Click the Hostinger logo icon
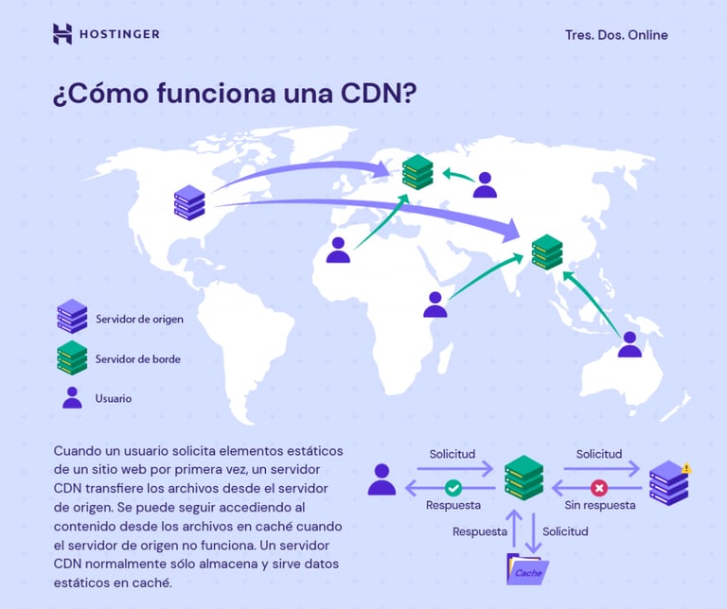[x=62, y=34]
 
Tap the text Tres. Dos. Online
[x=616, y=35]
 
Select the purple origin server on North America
[x=189, y=203]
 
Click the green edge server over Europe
[x=417, y=171]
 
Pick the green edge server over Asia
[x=546, y=252]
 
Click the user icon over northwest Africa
[x=338, y=251]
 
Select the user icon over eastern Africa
[x=434, y=304]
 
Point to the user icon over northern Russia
[x=485, y=185]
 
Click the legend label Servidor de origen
[x=139, y=319]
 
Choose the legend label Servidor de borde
[x=137, y=359]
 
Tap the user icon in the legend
[x=72, y=397]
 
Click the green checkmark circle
[x=453, y=488]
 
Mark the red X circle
[x=598, y=488]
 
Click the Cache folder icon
[x=527, y=569]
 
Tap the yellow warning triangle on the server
[x=685, y=467]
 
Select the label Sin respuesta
[x=599, y=506]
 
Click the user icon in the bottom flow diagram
[x=381, y=479]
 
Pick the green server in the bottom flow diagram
[x=523, y=478]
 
